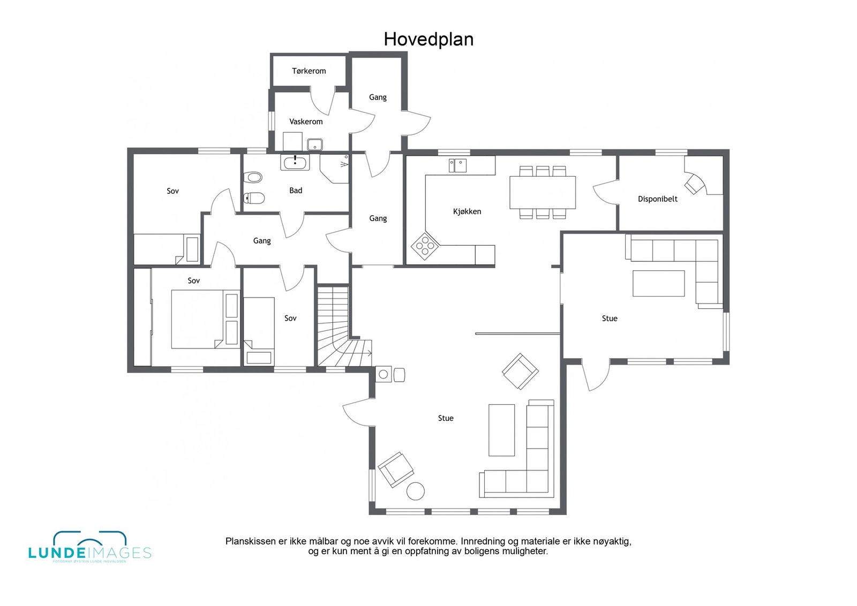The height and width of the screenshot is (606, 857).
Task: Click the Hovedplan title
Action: (428, 39)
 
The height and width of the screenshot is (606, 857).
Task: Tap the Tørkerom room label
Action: (309, 71)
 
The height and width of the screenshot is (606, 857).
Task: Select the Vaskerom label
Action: (306, 122)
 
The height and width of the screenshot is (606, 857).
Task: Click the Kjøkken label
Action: (467, 211)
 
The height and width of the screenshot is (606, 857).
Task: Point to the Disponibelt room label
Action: (657, 199)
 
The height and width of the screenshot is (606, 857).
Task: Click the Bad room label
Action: (296, 190)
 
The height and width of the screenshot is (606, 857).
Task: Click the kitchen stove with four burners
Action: (425, 246)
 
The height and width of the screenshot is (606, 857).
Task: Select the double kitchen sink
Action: (458, 165)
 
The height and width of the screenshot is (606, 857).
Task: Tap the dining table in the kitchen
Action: (542, 192)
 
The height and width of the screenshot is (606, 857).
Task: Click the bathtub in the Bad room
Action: (295, 163)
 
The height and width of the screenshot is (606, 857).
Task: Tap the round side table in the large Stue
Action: (415, 490)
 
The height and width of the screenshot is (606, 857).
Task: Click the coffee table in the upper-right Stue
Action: (658, 283)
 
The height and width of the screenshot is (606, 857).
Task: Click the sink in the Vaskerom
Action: (315, 144)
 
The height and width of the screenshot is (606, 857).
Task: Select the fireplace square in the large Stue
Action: (384, 375)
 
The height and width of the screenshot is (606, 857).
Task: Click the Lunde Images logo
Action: (89, 548)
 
